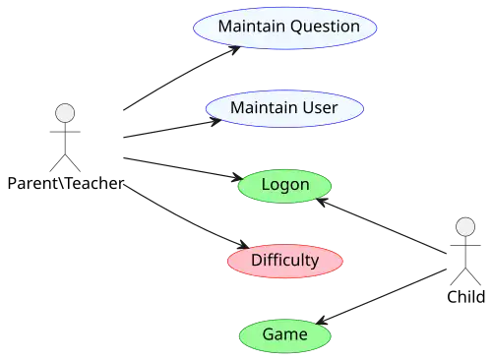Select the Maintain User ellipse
284,106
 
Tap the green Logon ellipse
285,185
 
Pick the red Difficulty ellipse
284,261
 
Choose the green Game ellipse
284,334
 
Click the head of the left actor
65,113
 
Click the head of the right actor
465,227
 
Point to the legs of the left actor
66,160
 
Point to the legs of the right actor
465,274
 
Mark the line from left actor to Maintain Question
177,84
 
